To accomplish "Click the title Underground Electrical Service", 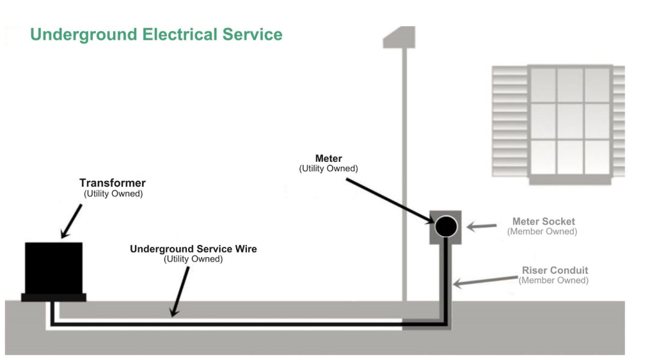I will [156, 35].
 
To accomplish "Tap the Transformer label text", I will [113, 184].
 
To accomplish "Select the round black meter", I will [446, 226].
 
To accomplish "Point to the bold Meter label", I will [329, 159].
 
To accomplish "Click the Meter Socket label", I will [543, 222].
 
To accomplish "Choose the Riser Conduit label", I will [554, 270].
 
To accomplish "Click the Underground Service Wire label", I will [193, 249].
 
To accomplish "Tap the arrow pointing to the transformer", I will [72, 221].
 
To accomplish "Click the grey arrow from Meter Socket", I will [482, 226].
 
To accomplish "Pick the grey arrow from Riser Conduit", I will [486, 279].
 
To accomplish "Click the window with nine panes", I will [570, 121].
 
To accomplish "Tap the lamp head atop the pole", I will [399, 37].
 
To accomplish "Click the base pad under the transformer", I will [54, 297].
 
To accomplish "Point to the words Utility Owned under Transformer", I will [113, 194].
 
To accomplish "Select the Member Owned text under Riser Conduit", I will [553, 280].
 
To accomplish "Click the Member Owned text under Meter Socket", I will [543, 231].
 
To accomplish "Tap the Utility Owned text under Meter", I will [329, 169].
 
